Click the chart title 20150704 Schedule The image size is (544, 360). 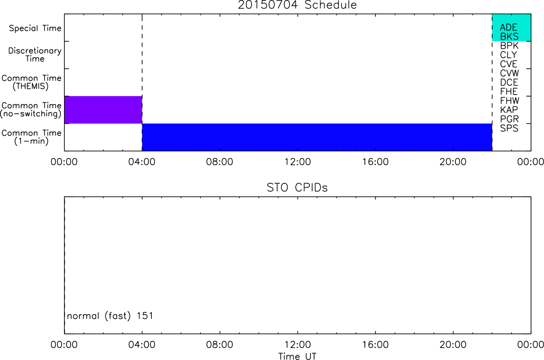(297, 5)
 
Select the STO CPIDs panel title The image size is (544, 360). (297, 188)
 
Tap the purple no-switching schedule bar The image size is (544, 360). (103, 110)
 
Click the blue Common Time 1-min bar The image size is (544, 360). (317, 137)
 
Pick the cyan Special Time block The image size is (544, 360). (512, 27)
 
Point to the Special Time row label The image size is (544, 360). (35, 28)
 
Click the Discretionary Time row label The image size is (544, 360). (35, 55)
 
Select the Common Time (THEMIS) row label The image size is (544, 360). (31, 82)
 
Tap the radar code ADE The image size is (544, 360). (508, 27)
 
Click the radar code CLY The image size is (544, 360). (508, 55)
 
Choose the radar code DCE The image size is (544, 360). (509, 82)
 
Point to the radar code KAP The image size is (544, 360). (509, 110)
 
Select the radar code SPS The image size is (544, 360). (509, 128)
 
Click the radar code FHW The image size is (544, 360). (509, 101)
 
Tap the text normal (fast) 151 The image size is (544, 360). (110, 316)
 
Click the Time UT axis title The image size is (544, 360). (297, 356)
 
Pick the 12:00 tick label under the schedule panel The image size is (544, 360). (298, 162)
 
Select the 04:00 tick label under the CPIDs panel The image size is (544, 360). (142, 345)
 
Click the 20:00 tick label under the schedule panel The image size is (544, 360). (453, 162)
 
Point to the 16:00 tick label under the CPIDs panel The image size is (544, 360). (375, 345)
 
